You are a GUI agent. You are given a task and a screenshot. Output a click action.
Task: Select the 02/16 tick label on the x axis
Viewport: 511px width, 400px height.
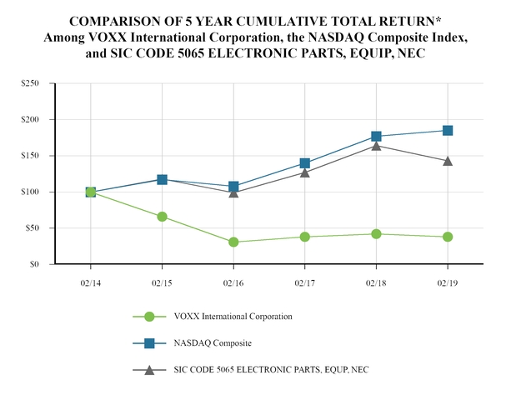click(x=233, y=283)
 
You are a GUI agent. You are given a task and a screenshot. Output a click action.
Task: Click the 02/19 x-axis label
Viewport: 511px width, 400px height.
click(x=447, y=283)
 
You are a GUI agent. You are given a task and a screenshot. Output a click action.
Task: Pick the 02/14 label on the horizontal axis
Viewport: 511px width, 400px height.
click(x=91, y=283)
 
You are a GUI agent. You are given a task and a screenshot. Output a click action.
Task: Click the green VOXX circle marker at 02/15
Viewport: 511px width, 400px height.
click(x=162, y=217)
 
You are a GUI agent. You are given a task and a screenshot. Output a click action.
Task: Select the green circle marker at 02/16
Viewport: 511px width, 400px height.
click(x=233, y=242)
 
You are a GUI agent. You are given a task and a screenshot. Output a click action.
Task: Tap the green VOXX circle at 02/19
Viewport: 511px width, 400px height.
click(x=448, y=237)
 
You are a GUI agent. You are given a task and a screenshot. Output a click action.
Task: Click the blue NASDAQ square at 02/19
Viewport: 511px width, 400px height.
click(x=448, y=130)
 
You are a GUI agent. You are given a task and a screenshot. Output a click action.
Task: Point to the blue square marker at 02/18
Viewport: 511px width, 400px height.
click(x=376, y=136)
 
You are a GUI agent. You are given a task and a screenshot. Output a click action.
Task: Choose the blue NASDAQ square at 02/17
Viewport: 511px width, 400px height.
click(x=305, y=163)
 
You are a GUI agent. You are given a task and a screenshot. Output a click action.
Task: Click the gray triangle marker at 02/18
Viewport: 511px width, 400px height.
click(x=376, y=146)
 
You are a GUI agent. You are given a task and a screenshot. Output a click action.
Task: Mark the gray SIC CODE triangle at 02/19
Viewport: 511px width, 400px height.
click(x=448, y=161)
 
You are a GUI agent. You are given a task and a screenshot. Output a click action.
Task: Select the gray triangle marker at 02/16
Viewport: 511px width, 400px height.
click(x=233, y=192)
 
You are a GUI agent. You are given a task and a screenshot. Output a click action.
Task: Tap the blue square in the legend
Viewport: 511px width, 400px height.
click(x=149, y=342)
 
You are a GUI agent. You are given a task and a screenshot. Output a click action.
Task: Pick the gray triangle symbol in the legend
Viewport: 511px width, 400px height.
click(x=149, y=369)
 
